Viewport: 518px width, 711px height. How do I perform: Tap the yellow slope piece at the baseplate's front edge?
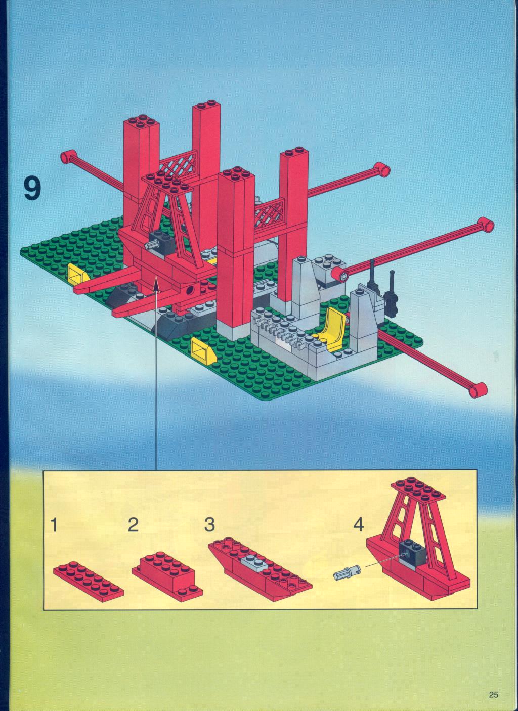(x=203, y=351)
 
